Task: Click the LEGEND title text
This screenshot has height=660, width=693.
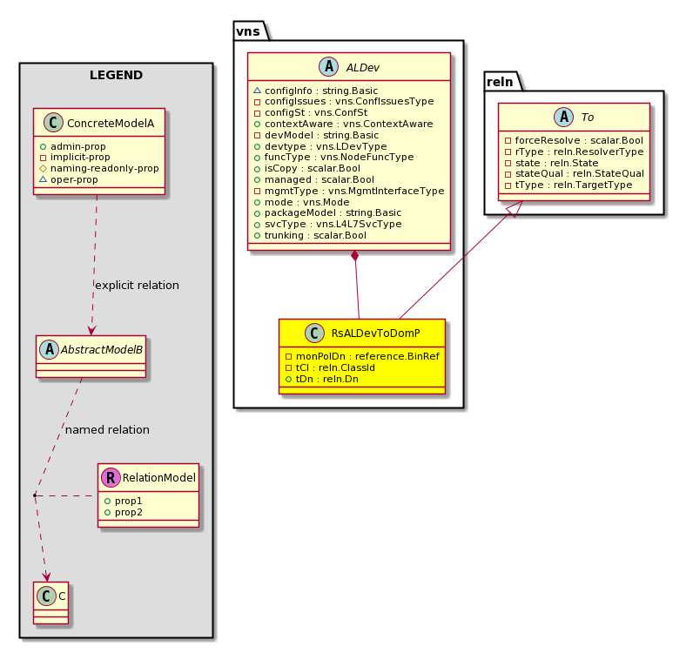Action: click(116, 75)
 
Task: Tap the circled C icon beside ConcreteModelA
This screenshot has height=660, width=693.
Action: click(53, 123)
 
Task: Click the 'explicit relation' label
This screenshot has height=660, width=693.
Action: click(137, 285)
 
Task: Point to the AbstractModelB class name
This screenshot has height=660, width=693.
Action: click(102, 350)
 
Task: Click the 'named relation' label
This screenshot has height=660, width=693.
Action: click(107, 429)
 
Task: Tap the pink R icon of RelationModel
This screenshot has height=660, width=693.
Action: click(111, 477)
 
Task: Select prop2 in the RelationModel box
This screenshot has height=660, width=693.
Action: click(124, 512)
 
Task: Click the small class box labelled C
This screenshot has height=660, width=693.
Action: click(50, 603)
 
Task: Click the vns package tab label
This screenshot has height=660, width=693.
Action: click(248, 31)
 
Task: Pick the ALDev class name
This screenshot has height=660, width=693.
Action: click(362, 68)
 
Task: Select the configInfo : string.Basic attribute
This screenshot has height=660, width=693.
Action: click(315, 91)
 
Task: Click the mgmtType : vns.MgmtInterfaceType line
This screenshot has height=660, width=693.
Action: click(349, 191)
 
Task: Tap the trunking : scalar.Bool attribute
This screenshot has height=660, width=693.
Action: click(310, 235)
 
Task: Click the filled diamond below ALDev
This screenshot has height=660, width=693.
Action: click(354, 256)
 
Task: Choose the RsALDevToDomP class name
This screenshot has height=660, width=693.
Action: click(376, 333)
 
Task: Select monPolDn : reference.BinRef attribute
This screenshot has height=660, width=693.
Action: click(362, 356)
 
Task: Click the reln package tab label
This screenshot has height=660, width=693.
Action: click(500, 82)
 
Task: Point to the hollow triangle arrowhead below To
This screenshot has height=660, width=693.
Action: click(515, 209)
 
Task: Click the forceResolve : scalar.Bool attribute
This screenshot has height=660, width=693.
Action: click(574, 140)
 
